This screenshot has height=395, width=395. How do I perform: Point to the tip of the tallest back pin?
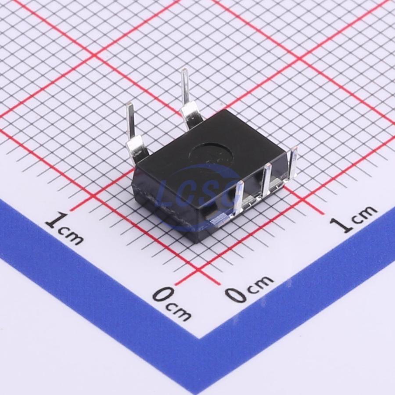(x=184, y=70)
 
